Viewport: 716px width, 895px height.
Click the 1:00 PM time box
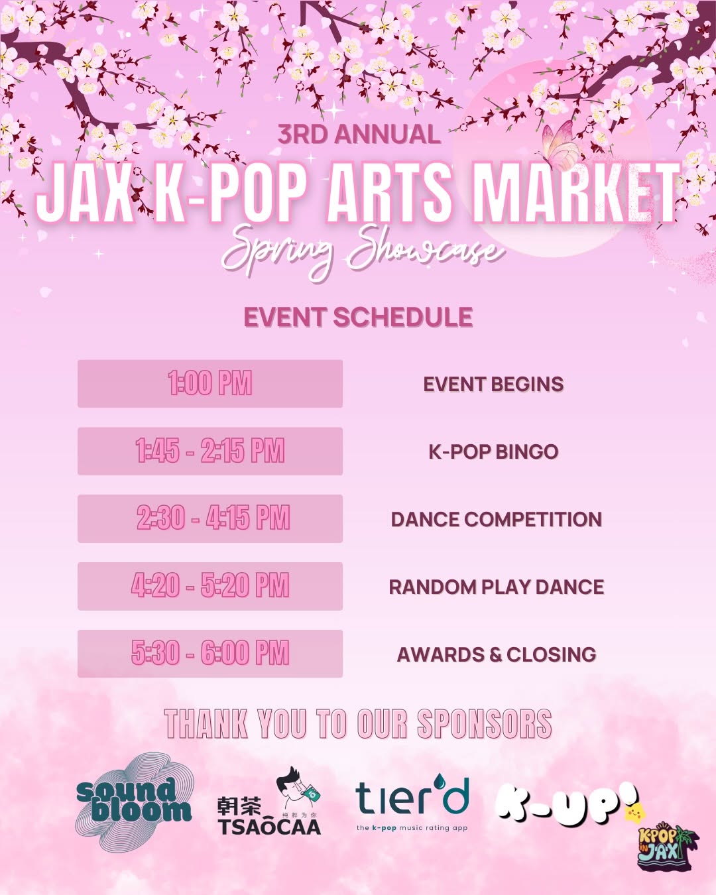pos(209,384)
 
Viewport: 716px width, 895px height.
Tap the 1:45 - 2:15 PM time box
pos(209,451)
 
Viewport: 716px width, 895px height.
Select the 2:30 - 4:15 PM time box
pos(209,518)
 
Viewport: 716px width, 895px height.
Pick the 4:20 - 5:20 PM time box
pos(209,586)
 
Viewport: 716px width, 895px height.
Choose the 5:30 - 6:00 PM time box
pos(209,654)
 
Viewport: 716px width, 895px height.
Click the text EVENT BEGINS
pos(493,385)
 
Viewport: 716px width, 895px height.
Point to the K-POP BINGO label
pos(493,452)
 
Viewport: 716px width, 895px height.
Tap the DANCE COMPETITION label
pos(496,519)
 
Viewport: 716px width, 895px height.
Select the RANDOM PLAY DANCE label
pos(496,587)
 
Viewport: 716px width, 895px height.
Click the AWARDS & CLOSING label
pos(496,654)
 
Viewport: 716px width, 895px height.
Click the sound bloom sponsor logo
pos(135,801)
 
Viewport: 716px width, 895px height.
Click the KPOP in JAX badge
pos(665,848)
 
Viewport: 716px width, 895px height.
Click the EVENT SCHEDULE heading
pos(358,317)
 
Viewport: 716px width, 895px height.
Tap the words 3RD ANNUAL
pos(359,135)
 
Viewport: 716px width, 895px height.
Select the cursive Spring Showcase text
pos(361,250)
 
